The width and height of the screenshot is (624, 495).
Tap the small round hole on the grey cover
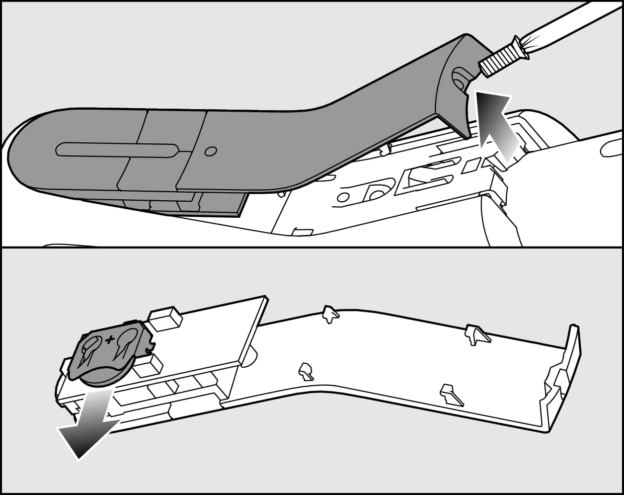(211, 151)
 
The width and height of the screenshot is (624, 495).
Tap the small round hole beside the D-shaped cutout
(344, 197)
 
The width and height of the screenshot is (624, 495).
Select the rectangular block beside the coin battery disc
(146, 366)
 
